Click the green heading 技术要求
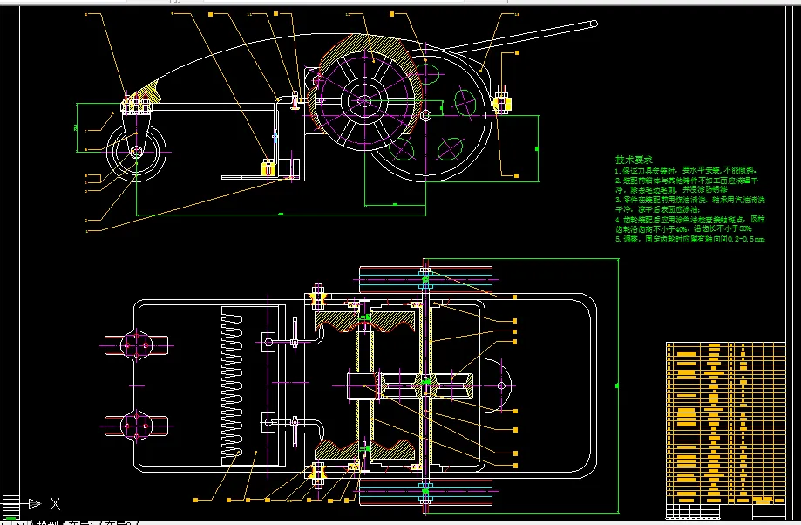(634, 160)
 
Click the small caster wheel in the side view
(137, 153)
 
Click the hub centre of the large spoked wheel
(363, 99)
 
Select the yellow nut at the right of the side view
(502, 104)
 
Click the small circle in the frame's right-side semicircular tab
(502, 384)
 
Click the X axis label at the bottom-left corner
(55, 504)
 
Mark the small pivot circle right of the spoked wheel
(425, 114)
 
